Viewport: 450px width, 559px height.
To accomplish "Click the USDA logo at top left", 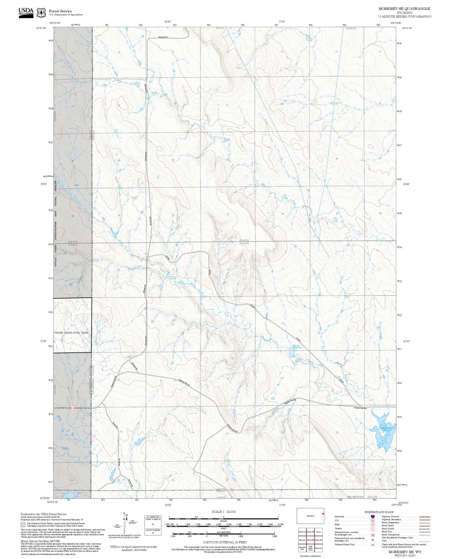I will tap(26, 12).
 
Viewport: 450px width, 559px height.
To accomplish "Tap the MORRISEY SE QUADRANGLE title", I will tap(404, 9).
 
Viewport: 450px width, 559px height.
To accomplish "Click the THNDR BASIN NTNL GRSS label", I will tap(73, 333).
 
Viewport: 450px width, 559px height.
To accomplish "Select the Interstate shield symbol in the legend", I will tap(373, 517).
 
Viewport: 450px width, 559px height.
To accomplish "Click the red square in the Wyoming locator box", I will tap(323, 514).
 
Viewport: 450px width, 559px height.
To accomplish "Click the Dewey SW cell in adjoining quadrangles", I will tap(319, 539).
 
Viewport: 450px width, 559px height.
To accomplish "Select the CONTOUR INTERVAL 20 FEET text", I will tap(225, 542).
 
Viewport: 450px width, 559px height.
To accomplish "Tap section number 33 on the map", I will tap(228, 214).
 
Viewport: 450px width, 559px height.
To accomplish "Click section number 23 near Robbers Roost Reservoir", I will tap(337, 433).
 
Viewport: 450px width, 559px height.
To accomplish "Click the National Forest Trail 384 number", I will tap(373, 544).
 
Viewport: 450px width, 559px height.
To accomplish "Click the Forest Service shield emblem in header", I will tap(41, 13).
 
